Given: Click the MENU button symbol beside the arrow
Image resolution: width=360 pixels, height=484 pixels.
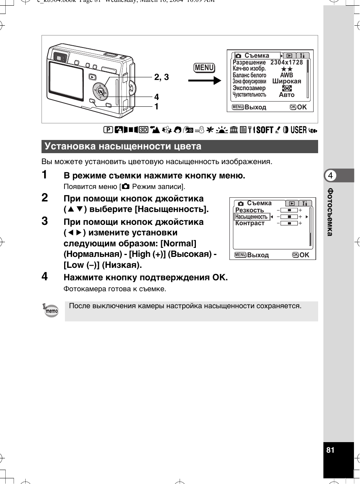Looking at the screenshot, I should (x=204, y=68).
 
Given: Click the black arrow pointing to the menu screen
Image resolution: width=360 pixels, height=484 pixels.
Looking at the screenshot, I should (x=205, y=80).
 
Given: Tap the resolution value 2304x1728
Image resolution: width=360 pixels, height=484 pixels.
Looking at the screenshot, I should (x=286, y=63).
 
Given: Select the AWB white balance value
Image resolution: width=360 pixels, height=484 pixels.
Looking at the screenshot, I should (x=286, y=75).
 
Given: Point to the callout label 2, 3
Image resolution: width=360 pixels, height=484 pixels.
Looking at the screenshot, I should (x=162, y=77).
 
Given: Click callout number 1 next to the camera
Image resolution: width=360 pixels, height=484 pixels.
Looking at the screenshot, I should (x=157, y=107).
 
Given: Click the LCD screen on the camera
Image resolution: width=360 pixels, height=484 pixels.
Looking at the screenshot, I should (x=66, y=81).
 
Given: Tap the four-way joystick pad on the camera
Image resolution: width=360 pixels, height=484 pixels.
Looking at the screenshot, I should (x=100, y=91).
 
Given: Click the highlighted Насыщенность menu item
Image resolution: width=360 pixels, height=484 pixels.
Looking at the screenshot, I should (x=251, y=217).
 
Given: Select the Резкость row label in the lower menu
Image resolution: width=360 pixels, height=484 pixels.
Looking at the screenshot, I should (x=249, y=210).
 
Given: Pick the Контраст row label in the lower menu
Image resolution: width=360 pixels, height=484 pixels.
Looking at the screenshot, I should (x=250, y=223).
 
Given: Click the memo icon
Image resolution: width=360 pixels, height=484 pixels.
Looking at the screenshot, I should (x=51, y=311).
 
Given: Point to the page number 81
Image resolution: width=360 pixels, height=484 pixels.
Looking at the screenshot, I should (x=331, y=450).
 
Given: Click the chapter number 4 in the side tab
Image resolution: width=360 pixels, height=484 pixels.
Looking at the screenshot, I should (x=331, y=175).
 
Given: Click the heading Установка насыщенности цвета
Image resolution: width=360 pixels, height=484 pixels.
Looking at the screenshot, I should (x=123, y=146).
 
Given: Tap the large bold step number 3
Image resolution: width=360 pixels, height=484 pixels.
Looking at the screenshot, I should (x=45, y=221).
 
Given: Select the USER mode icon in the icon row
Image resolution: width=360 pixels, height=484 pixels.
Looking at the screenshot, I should (x=298, y=130).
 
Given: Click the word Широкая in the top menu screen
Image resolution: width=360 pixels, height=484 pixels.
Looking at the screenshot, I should (x=287, y=81).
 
